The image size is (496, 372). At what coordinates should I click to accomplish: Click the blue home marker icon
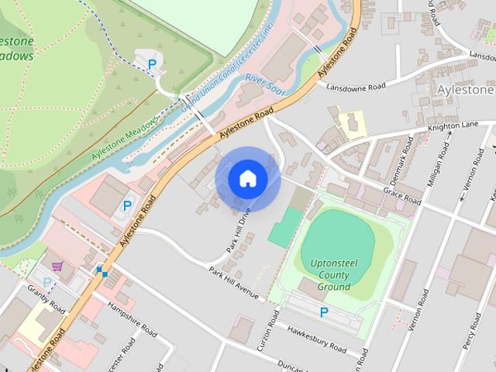(247, 179)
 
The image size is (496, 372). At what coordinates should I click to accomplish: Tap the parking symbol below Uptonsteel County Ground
(324, 312)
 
